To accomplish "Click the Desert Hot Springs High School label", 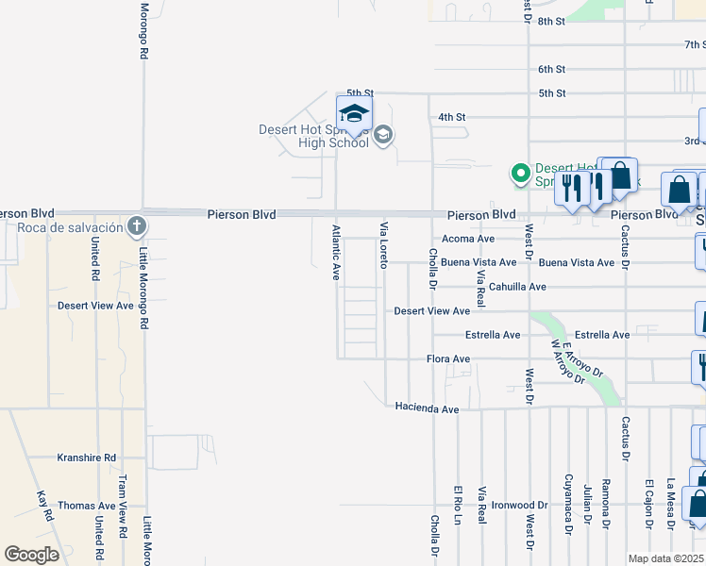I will tap(313, 137).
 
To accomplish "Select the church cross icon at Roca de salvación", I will tap(137, 225).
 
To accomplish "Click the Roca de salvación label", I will tap(70, 227).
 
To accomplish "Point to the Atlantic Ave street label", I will tap(336, 252).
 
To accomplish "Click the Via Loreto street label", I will tap(384, 245).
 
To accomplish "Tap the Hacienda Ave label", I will tap(427, 408).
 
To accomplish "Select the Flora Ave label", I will tap(448, 359).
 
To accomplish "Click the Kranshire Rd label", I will tap(86, 457).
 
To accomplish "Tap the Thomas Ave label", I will tap(86, 506).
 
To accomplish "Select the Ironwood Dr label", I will tap(520, 506).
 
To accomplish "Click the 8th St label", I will tap(550, 21).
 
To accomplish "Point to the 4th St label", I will tap(452, 117).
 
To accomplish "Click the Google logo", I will tap(31, 555).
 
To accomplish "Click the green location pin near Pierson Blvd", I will tap(519, 173).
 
